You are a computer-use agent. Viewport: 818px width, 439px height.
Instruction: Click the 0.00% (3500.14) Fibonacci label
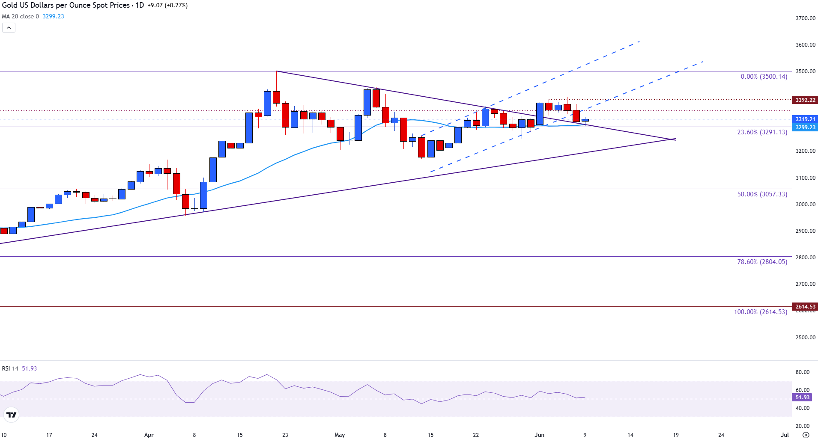[x=764, y=77]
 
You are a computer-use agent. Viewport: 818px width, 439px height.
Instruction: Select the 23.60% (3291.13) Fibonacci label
[x=762, y=132]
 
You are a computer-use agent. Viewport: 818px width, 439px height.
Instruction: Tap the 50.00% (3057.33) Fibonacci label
[x=762, y=194]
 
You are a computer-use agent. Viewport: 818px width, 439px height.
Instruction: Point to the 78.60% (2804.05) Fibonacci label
[x=762, y=262]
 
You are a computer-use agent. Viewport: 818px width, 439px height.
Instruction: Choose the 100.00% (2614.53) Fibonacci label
[x=760, y=312]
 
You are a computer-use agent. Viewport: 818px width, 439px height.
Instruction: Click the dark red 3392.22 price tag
[x=805, y=100]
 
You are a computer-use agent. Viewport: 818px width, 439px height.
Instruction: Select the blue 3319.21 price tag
[x=805, y=119]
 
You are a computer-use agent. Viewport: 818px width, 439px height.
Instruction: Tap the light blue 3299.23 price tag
[x=805, y=128]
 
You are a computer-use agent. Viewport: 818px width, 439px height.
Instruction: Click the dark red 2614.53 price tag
[x=805, y=307]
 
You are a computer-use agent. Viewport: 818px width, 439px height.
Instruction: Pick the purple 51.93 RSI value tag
[x=802, y=397]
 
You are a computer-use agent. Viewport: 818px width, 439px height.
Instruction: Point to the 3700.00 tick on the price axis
[x=805, y=18]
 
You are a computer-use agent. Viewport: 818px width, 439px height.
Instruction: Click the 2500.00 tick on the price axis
[x=805, y=338]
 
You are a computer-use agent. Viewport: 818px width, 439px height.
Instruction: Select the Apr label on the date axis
[x=149, y=435]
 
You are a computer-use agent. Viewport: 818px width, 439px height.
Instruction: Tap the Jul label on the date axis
[x=785, y=435]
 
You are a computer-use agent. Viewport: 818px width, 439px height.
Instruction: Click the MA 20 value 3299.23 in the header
[x=53, y=17]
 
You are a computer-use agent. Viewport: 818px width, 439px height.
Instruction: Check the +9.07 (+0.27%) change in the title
[x=167, y=6]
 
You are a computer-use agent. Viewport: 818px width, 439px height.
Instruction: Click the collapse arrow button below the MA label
[x=9, y=28]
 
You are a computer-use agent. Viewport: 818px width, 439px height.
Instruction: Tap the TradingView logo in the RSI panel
[x=11, y=415]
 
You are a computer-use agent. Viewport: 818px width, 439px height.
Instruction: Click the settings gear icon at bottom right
[x=806, y=435]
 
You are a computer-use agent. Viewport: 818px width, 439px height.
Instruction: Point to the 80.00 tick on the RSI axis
[x=802, y=372]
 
